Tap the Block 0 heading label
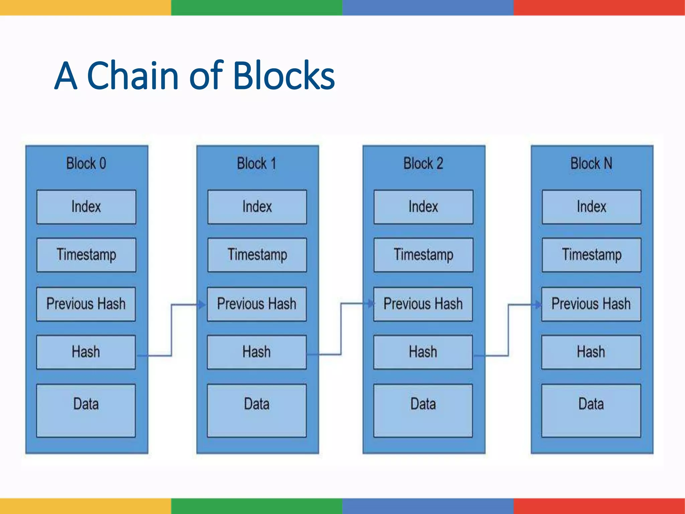(x=86, y=164)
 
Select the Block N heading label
(x=591, y=164)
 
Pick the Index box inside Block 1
(x=257, y=207)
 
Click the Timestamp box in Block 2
(x=423, y=255)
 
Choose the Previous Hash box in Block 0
(x=86, y=304)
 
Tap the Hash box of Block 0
(x=86, y=352)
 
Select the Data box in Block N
(x=591, y=410)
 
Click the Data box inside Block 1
(x=257, y=410)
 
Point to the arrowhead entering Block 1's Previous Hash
(x=201, y=305)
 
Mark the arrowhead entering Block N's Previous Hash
(x=537, y=305)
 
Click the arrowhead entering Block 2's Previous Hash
(x=370, y=304)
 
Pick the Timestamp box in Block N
(x=591, y=255)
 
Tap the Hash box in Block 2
(x=423, y=352)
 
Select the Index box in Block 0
(x=86, y=207)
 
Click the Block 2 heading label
(x=423, y=164)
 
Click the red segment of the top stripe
(x=599, y=7)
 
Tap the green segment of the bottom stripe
(x=257, y=506)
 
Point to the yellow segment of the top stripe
(x=85, y=7)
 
